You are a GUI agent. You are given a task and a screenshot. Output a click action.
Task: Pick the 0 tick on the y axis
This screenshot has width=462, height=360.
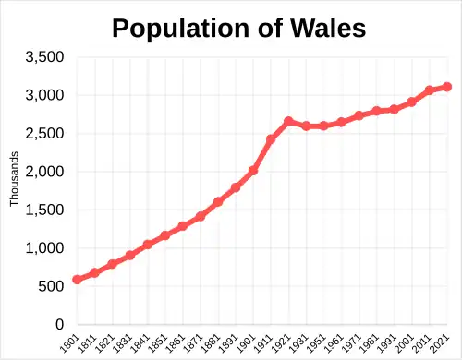57,325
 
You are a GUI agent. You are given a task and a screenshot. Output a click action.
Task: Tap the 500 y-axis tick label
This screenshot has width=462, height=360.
50,287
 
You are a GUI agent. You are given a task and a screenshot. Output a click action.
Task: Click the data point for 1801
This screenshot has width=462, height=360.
78,279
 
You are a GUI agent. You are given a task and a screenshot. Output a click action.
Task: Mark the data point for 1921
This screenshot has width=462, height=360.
288,122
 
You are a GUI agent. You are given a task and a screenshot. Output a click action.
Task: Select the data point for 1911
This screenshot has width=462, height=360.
271,139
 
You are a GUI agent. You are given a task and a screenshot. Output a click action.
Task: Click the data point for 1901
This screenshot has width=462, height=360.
253,171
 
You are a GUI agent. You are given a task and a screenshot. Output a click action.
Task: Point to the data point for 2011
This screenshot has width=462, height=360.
429,90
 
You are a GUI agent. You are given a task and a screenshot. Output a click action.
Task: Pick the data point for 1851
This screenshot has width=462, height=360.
165,235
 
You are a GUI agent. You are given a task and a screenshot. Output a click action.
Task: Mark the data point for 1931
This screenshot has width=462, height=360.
306,126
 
